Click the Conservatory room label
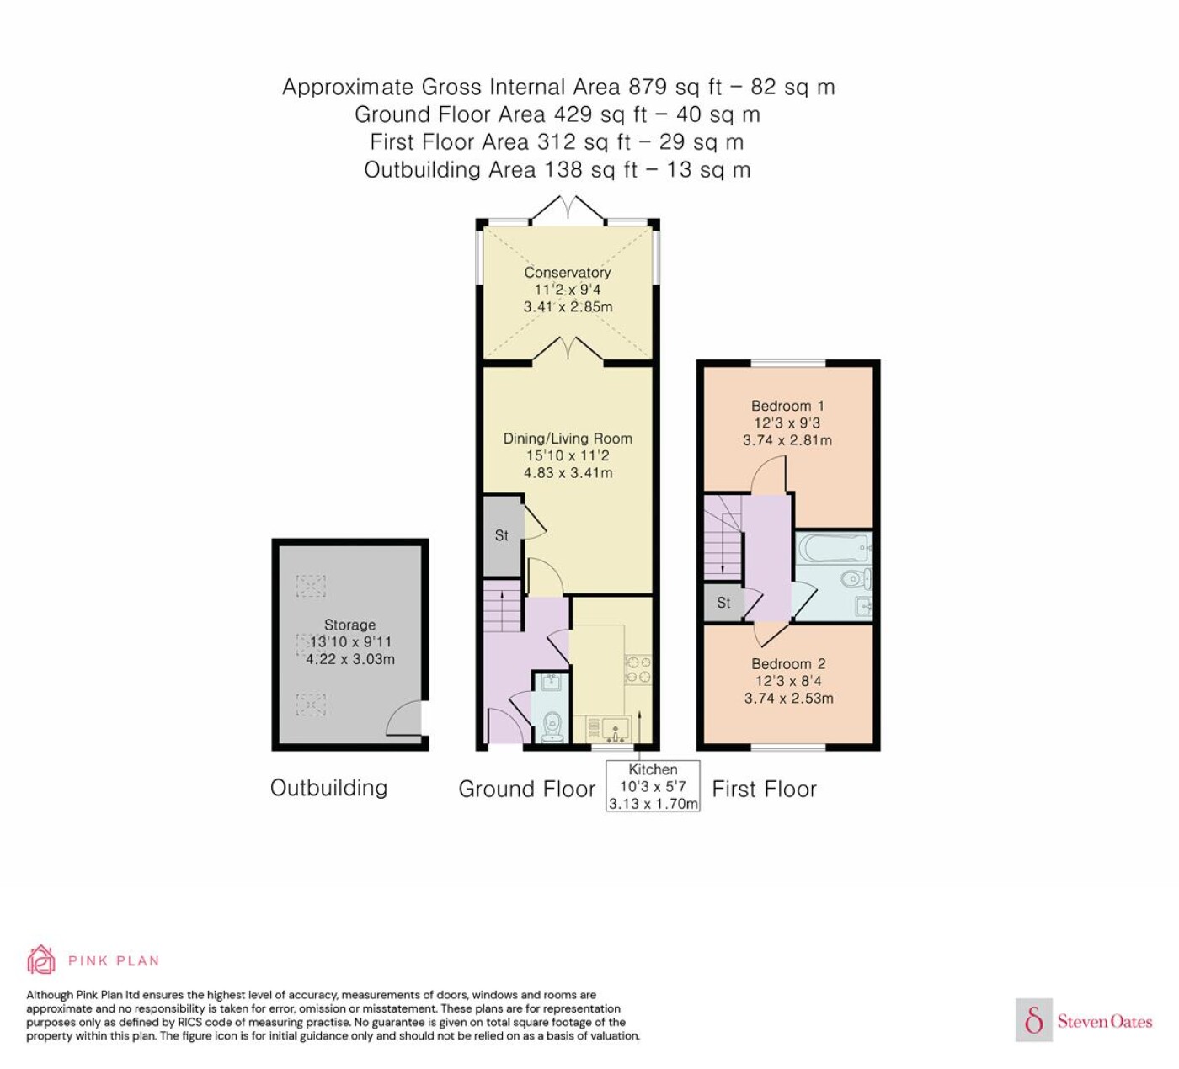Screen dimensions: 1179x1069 click(567, 272)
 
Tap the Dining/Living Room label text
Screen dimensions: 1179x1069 click(567, 439)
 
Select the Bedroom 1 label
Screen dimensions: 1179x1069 click(787, 406)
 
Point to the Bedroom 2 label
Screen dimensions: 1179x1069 click(788, 663)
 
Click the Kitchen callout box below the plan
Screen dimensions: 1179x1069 click(653, 786)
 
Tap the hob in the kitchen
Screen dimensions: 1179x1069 click(638, 670)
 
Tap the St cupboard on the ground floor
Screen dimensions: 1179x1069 click(503, 535)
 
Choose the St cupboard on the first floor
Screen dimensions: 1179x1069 click(723, 603)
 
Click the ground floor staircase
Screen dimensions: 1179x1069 click(503, 607)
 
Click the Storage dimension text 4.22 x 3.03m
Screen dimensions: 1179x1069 click(350, 659)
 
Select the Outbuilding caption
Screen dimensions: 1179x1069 click(328, 788)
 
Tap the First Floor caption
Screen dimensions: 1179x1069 click(764, 789)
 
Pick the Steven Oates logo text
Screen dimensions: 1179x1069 click(1105, 1021)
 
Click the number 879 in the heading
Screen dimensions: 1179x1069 click(648, 87)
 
